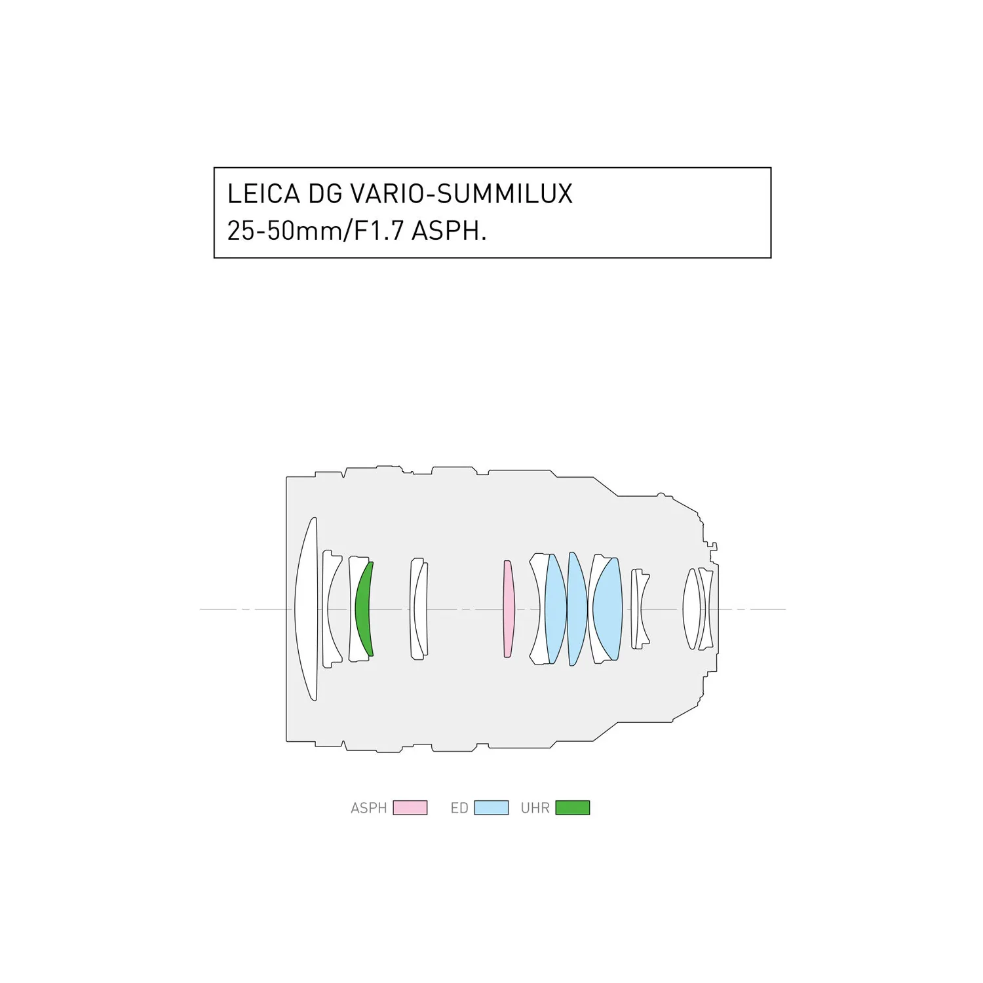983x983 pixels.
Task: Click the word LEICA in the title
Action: tap(263, 194)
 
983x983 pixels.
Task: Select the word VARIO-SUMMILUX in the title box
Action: tap(461, 194)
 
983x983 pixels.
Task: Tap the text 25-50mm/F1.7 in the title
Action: tap(315, 231)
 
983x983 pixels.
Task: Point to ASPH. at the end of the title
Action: tap(449, 231)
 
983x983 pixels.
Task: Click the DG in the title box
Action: tap(325, 194)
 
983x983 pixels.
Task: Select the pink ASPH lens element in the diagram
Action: tap(509, 609)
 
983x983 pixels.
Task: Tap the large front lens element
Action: tap(305, 609)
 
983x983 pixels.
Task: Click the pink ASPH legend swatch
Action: tap(410, 807)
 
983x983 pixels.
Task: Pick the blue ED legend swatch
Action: tap(491, 807)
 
